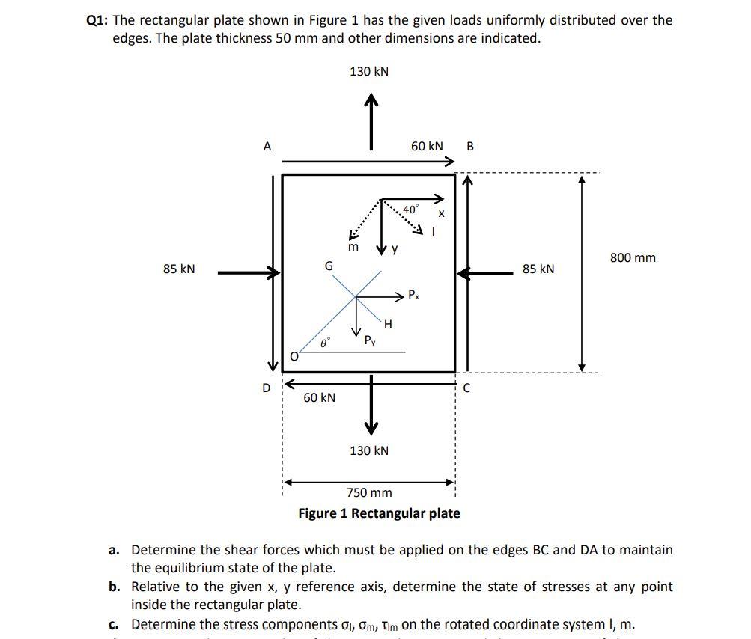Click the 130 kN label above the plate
tap(369, 71)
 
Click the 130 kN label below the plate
tap(369, 450)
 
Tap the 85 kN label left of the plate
tap(178, 269)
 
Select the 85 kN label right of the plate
tap(538, 269)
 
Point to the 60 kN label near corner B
tap(427, 146)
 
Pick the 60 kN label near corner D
tap(319, 397)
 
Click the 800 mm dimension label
tap(633, 258)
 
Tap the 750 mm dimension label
tap(369, 492)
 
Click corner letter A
tap(267, 147)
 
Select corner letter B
tap(469, 147)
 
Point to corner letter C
tap(466, 388)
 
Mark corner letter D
tap(266, 388)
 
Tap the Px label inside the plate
tap(414, 294)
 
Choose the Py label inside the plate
tap(369, 340)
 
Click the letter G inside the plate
tap(328, 266)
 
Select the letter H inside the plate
tap(388, 324)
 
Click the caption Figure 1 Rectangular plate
tap(379, 513)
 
